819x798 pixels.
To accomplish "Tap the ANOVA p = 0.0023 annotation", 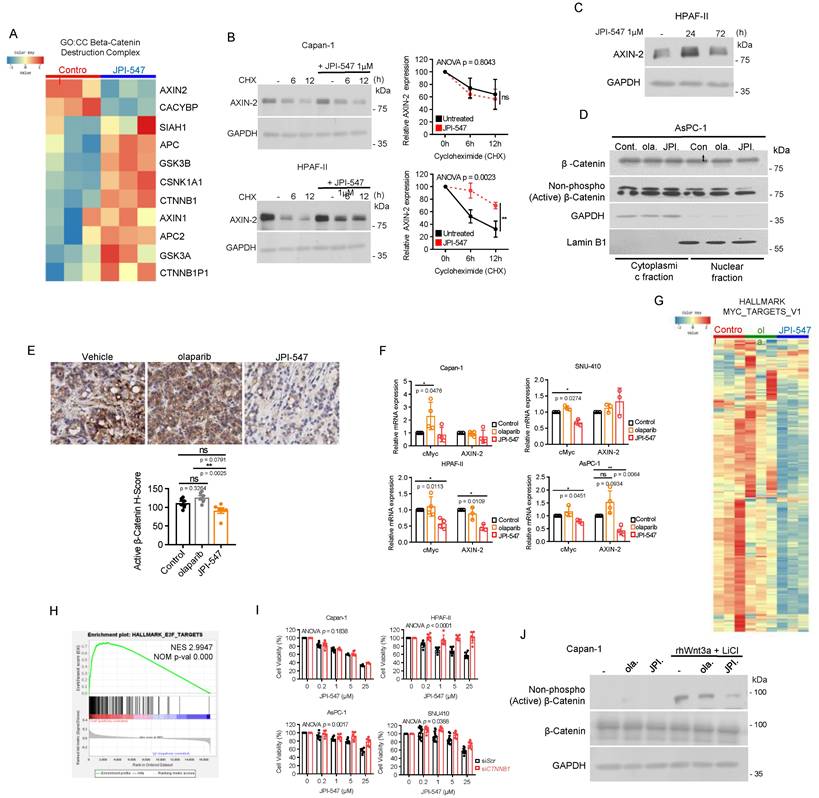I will [460, 174].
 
